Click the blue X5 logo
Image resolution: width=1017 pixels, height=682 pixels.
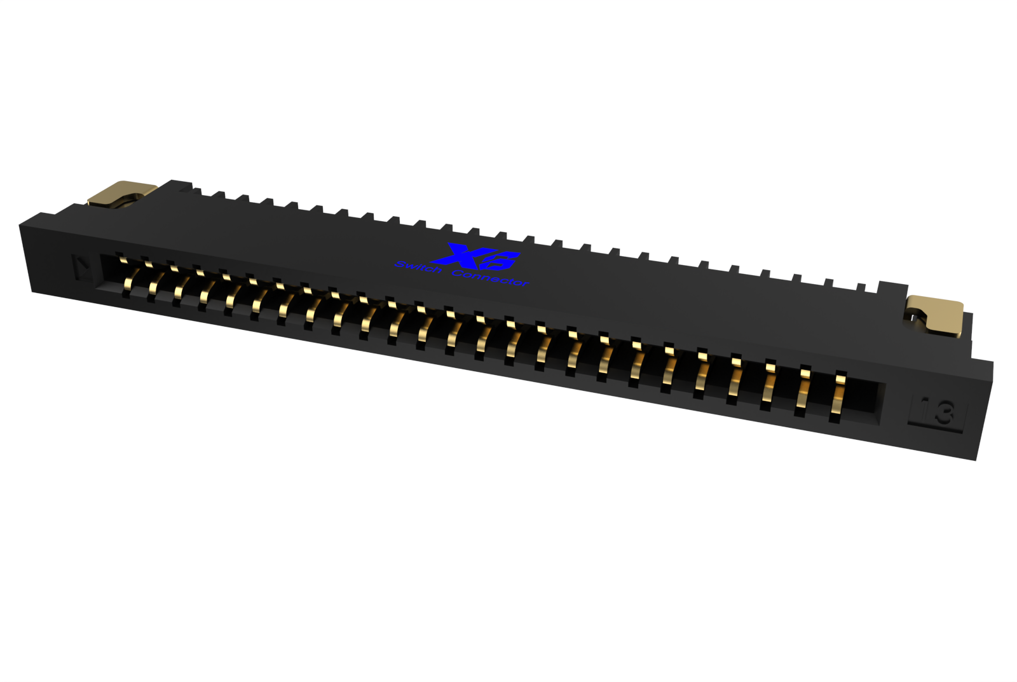(x=477, y=256)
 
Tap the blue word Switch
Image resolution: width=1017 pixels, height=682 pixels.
(x=418, y=268)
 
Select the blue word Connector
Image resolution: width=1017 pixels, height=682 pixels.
(x=490, y=277)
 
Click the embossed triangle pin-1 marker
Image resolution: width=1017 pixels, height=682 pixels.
(x=81, y=267)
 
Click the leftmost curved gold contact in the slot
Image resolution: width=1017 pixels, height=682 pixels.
(x=131, y=278)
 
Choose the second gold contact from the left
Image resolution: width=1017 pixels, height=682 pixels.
(x=153, y=284)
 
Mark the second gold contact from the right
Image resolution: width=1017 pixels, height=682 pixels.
(x=803, y=393)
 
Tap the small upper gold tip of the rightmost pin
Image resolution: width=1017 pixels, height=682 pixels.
(x=840, y=379)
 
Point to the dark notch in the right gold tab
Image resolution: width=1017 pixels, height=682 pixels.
(x=913, y=315)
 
